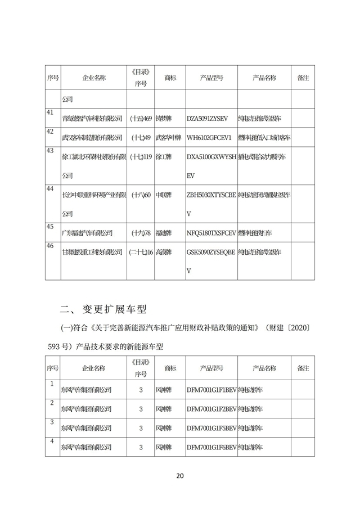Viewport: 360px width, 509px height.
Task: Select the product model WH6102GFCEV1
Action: pyautogui.click(x=209, y=137)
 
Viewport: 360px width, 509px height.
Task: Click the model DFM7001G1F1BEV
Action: pyautogui.click(x=211, y=389)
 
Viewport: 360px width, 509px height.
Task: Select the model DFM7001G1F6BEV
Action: pyautogui.click(x=211, y=447)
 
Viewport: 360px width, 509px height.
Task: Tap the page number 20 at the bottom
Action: pyautogui.click(x=179, y=476)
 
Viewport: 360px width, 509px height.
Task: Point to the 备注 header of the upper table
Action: pyautogui.click(x=303, y=78)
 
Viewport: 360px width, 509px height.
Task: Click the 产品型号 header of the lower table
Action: pyautogui.click(x=211, y=368)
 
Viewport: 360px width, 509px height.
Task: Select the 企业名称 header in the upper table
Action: pyautogui.click(x=93, y=78)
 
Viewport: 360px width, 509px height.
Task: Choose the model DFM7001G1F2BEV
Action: pyautogui.click(x=211, y=408)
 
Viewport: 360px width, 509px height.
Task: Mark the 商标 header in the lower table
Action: pyautogui.click(x=170, y=368)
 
